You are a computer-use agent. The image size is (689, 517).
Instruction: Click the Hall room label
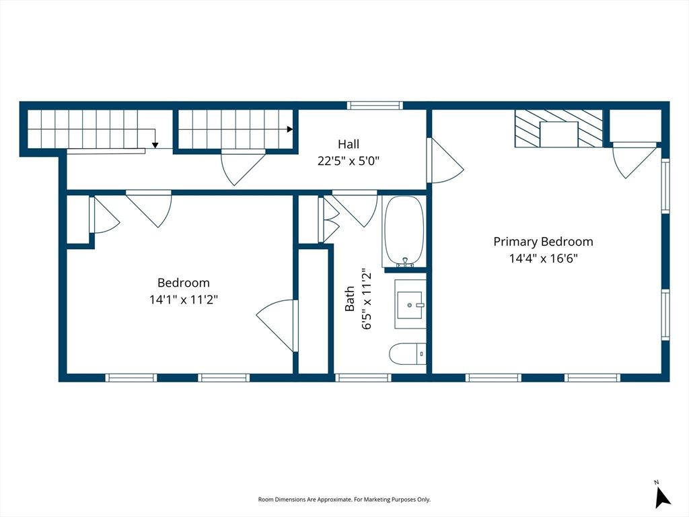[349, 144]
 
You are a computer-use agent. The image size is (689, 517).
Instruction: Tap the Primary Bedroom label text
[543, 242]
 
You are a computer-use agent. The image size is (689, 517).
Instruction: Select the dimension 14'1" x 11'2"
[184, 300]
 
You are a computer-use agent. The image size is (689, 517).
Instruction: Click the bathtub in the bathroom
[404, 232]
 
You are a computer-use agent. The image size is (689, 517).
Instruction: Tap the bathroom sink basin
[410, 304]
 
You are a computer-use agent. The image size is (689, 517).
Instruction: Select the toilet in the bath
[407, 354]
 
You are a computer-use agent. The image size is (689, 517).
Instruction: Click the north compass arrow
[662, 497]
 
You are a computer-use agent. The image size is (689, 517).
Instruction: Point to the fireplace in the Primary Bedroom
[558, 129]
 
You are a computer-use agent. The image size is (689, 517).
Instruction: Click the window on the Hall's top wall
[375, 106]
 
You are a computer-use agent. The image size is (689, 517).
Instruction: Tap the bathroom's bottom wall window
[363, 378]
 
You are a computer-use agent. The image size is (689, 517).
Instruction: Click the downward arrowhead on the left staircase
[155, 145]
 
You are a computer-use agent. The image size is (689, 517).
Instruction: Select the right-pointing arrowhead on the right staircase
[290, 129]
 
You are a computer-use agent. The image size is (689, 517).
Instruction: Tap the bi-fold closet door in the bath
[328, 219]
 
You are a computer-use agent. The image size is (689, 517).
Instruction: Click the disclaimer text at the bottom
[344, 499]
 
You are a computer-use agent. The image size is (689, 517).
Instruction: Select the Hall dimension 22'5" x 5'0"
[349, 161]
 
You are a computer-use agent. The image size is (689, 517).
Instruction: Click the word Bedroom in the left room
[184, 283]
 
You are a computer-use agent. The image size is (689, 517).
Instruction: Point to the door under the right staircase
[243, 168]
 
